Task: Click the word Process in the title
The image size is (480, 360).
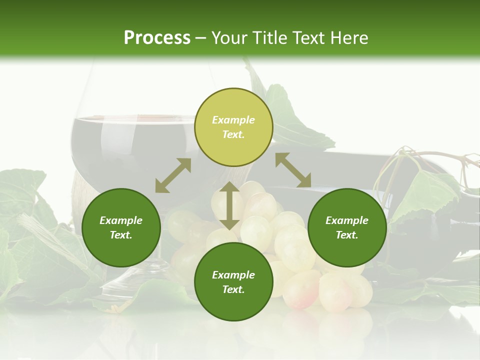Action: pos(157,38)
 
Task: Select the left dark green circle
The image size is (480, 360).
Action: pos(121,227)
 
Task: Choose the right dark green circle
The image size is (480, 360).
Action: pos(347,227)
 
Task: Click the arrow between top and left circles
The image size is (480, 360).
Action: pos(173,175)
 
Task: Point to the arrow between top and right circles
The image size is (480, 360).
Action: pos(293,170)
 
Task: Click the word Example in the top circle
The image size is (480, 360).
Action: pos(233,120)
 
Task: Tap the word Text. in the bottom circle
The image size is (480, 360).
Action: pos(233,289)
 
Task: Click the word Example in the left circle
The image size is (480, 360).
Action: pos(121,220)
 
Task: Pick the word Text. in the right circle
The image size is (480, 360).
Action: pos(347,235)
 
